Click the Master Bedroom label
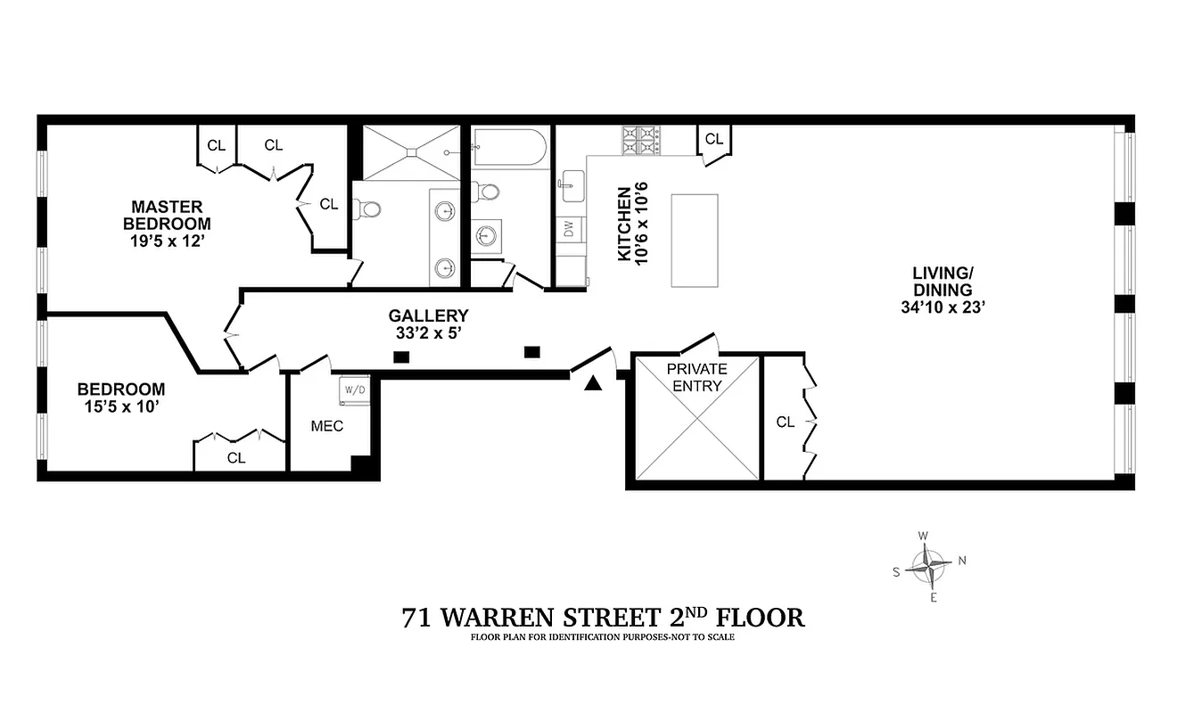click(167, 215)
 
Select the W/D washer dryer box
click(354, 389)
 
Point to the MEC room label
click(327, 426)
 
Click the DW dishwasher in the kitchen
click(568, 229)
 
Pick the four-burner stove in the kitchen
click(641, 140)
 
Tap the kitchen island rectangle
click(695, 241)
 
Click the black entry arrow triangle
click(593, 383)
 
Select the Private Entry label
click(697, 377)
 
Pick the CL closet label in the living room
click(785, 422)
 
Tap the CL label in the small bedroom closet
click(236, 458)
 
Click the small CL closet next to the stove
click(713, 139)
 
